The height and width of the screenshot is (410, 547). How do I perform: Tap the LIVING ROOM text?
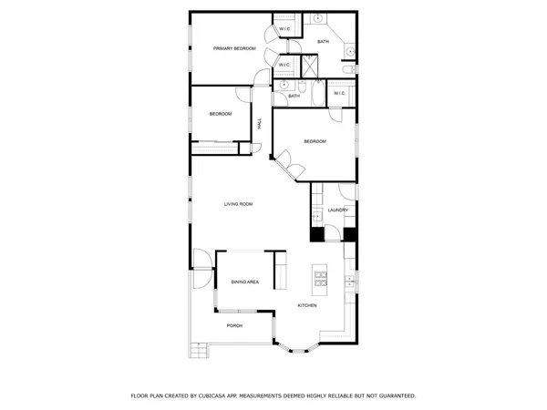238,204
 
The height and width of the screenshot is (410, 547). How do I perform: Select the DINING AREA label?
244,282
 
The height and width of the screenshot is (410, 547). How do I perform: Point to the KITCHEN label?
307,305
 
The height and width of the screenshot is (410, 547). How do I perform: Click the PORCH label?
234,325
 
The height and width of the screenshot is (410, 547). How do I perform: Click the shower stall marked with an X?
310,65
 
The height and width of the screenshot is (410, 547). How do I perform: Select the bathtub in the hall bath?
317,94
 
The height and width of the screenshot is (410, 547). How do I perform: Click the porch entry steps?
196,350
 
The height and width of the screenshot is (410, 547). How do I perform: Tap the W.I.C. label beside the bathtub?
339,93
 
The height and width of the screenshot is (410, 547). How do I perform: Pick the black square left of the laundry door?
316,234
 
